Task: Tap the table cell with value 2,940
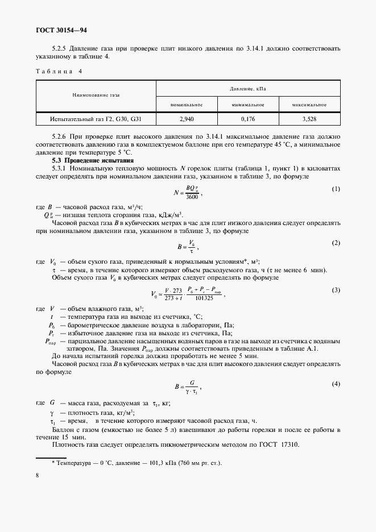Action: [187, 119]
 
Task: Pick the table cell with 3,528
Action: [309, 119]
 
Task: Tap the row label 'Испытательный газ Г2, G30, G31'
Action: [96, 119]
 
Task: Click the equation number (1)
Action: [336, 189]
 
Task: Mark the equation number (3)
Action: [336, 290]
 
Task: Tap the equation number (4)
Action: [336, 384]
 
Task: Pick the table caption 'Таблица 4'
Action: [59, 72]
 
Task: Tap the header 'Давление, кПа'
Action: [248, 89]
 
